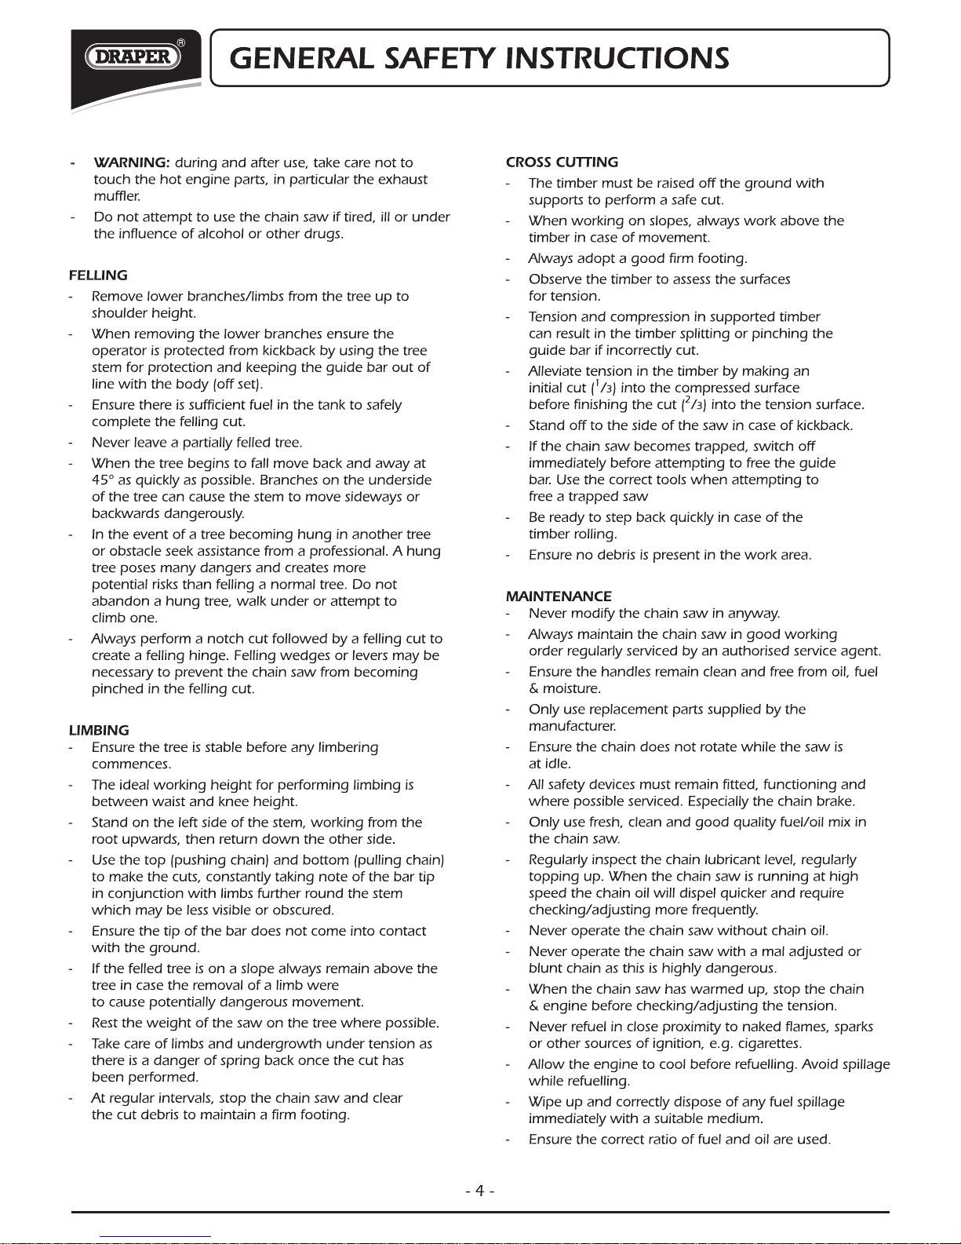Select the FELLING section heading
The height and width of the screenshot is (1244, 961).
[98, 275]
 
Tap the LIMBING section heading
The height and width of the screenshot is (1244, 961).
[99, 731]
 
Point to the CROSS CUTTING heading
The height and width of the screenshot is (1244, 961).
[562, 162]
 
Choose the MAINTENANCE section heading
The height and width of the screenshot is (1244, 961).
[559, 596]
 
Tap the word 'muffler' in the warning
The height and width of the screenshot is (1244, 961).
[117, 196]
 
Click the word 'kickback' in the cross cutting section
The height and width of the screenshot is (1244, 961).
[824, 426]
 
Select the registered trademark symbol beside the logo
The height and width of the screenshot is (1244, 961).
[181, 42]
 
